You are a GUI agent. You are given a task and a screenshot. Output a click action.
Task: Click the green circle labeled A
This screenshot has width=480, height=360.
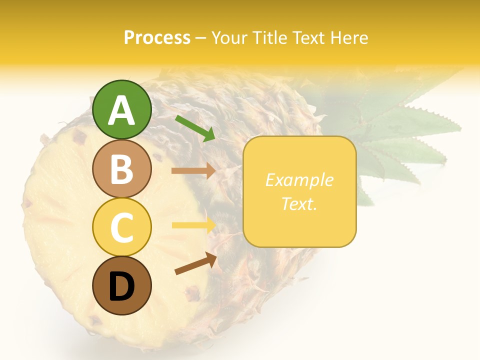(121, 109)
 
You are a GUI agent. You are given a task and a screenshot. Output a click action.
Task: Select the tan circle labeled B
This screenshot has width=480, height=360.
(121, 168)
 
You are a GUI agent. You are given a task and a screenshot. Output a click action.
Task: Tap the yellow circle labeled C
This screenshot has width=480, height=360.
(121, 227)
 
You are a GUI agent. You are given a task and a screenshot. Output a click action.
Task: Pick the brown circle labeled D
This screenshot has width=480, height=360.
(121, 285)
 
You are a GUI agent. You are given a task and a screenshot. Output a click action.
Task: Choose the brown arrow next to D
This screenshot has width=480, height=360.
(195, 264)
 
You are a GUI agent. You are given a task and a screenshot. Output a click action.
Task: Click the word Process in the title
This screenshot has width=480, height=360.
(157, 38)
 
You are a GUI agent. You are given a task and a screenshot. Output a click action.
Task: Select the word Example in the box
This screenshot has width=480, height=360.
(299, 180)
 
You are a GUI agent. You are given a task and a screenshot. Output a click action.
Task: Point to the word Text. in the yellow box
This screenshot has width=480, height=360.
(299, 203)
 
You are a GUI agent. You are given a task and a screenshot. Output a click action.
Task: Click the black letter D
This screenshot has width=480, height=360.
(121, 286)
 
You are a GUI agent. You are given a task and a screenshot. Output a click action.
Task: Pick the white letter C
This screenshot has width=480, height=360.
(121, 227)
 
